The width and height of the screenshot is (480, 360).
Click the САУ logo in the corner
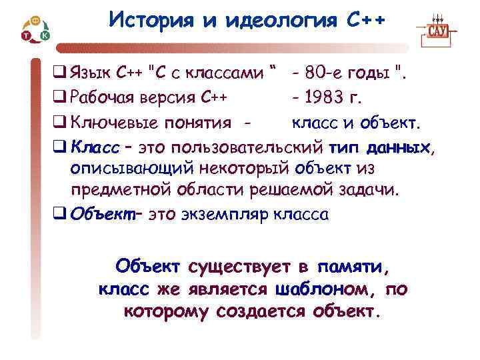click(x=437, y=31)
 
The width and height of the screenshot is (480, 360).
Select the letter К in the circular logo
click(x=45, y=34)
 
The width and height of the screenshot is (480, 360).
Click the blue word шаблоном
click(x=322, y=289)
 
